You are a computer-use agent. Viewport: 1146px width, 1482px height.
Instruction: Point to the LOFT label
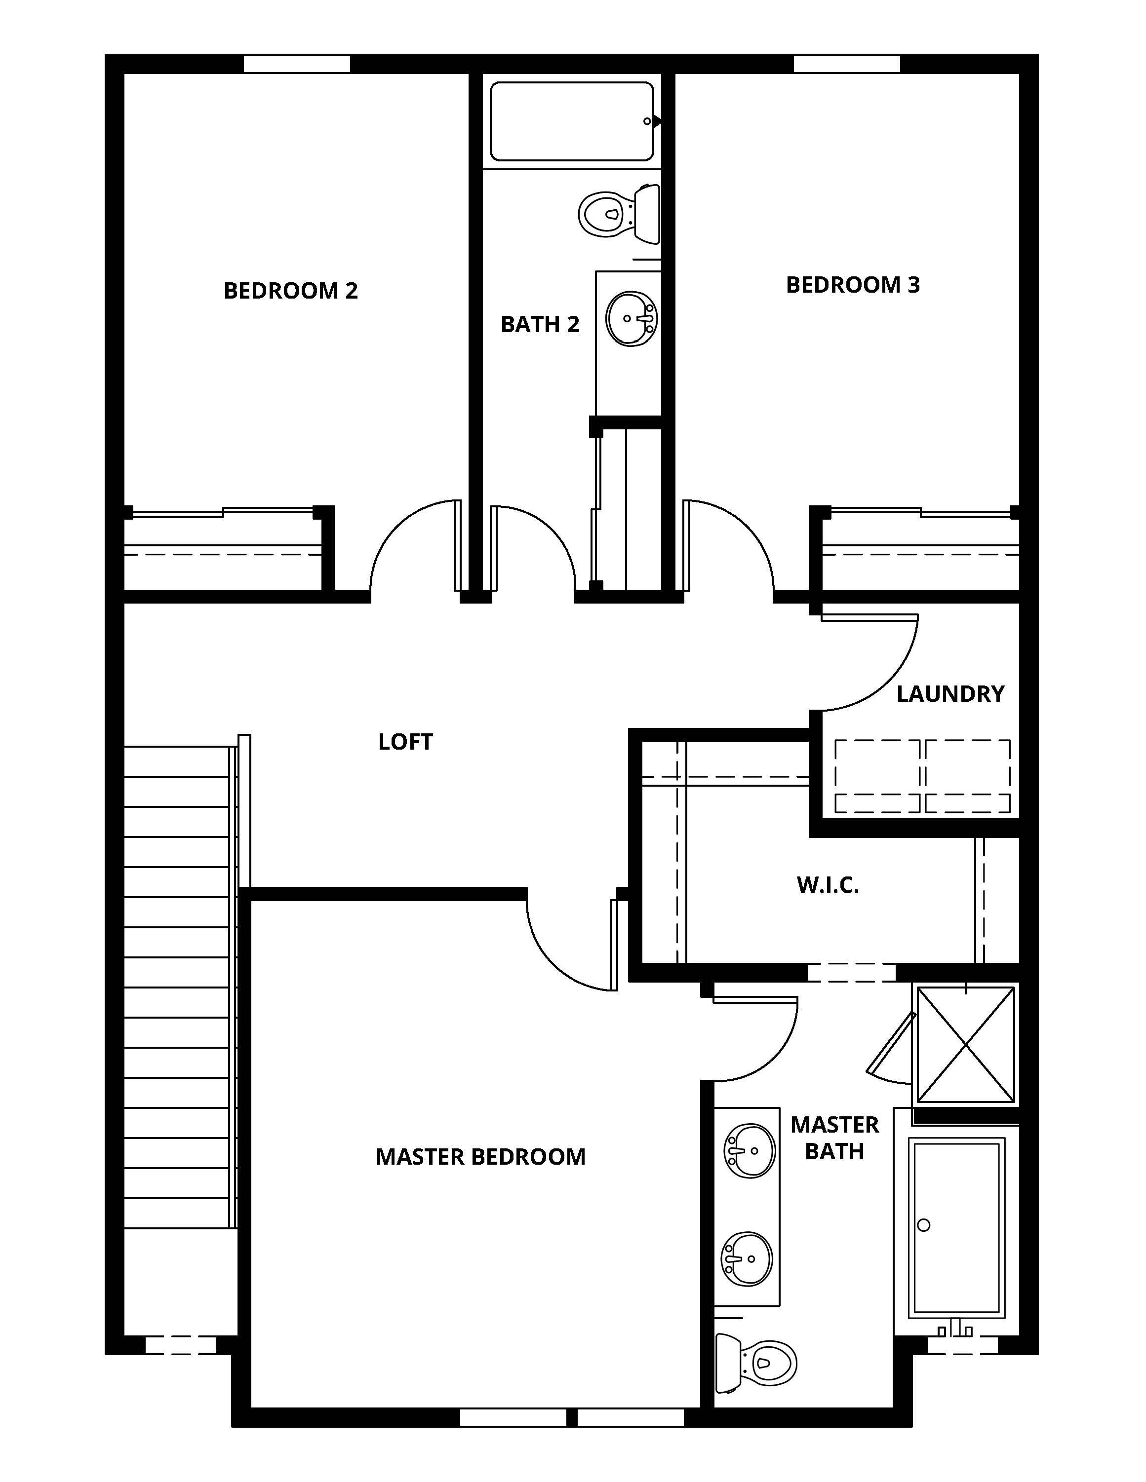tap(405, 742)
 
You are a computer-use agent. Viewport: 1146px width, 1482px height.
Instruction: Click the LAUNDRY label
tap(950, 693)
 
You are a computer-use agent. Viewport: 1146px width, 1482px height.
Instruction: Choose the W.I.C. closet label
tap(828, 885)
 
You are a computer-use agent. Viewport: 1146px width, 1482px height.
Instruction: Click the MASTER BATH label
tap(834, 1138)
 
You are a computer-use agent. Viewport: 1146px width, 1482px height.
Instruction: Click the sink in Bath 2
tap(632, 318)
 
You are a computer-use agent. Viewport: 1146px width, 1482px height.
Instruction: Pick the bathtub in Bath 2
tap(572, 121)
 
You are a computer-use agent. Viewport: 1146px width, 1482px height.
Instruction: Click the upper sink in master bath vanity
tap(750, 1151)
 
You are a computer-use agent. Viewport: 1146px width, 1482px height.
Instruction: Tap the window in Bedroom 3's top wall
tap(847, 64)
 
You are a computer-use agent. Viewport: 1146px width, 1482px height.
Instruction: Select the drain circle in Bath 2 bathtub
tap(647, 121)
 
